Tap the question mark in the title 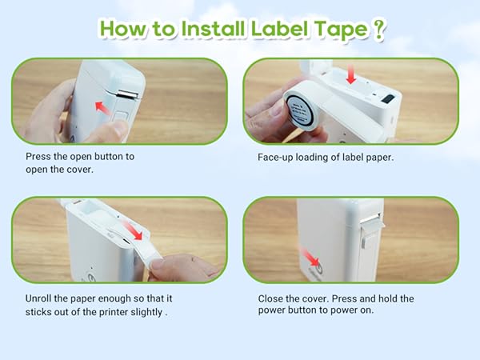(x=379, y=30)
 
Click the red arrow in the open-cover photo (x=102, y=105)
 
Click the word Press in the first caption (x=38, y=157)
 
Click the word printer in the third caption (x=105, y=312)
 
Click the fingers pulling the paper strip (x=180, y=266)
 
